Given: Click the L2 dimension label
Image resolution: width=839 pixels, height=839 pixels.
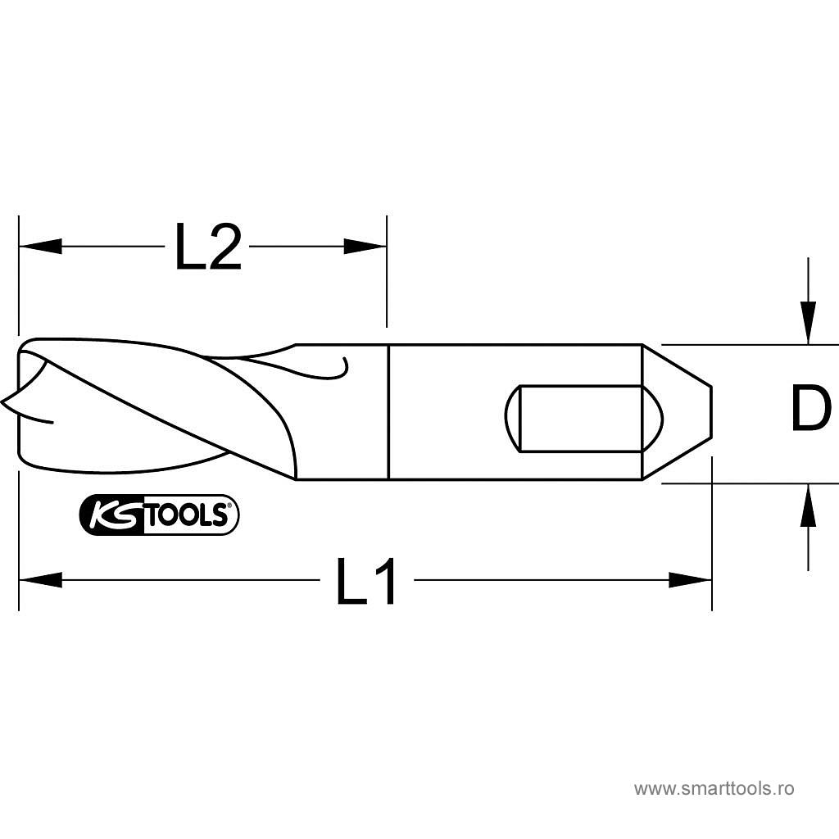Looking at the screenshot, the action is pos(209,247).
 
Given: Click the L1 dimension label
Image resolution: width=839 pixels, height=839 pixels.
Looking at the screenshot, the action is pos(366,581).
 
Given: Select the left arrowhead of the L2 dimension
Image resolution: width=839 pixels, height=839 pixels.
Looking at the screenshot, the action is pos(40,247).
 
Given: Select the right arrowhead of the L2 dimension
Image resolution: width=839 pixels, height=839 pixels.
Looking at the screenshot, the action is pos(365,247).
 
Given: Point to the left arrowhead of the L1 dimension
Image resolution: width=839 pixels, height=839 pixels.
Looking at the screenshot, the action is pos(40,580).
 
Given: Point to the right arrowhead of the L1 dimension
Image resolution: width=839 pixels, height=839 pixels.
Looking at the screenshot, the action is pos(690,580).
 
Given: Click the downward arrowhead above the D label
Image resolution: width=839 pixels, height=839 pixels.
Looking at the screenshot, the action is pos(808,323).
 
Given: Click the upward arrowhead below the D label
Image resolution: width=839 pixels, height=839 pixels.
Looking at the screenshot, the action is pos(808,505).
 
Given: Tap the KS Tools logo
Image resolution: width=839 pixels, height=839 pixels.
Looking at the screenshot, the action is pos(159,515).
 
